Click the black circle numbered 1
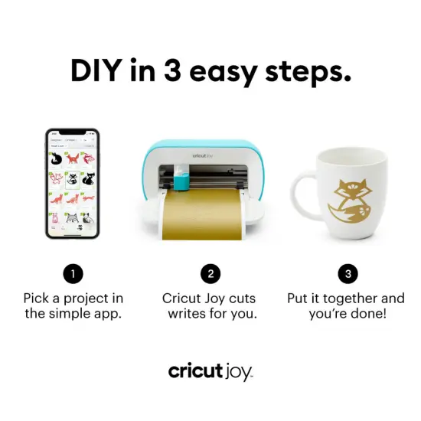[73, 273]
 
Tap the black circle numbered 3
[348, 273]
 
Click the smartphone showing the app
[72, 184]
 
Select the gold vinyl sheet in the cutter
[202, 214]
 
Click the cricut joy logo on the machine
[204, 153]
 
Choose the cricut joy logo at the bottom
[210, 371]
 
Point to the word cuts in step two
[243, 299]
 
